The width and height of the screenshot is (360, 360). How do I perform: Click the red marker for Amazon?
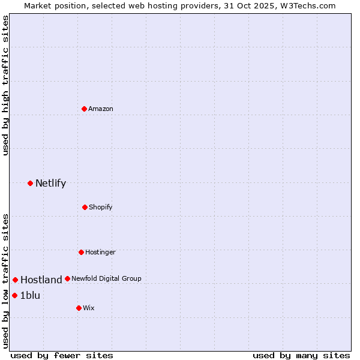pyautogui.click(x=85, y=109)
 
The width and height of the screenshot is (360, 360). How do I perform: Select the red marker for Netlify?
pyautogui.click(x=31, y=183)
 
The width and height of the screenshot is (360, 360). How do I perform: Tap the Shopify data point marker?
pyautogui.click(x=85, y=207)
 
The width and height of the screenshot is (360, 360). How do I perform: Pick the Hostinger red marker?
pyautogui.click(x=81, y=252)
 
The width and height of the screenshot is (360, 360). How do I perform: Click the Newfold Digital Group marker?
pyautogui.click(x=67, y=278)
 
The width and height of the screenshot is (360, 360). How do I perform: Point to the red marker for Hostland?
pyautogui.click(x=16, y=280)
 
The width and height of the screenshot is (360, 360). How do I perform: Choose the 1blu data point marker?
pyautogui.click(x=15, y=295)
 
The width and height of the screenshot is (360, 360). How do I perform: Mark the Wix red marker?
pyautogui.click(x=79, y=308)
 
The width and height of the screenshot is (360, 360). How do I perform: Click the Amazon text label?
pyautogui.click(x=101, y=109)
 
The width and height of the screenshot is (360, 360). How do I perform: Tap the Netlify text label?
pyautogui.click(x=50, y=183)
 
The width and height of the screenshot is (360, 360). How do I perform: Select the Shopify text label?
pyautogui.click(x=101, y=207)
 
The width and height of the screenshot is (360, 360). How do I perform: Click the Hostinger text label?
pyautogui.click(x=100, y=252)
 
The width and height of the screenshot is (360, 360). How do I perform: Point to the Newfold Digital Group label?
pyautogui.click(x=107, y=278)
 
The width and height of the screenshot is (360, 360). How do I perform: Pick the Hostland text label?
pyautogui.click(x=41, y=280)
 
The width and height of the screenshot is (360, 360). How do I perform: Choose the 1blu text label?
pyautogui.click(x=30, y=295)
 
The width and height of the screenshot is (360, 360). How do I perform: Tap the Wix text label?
pyautogui.click(x=89, y=308)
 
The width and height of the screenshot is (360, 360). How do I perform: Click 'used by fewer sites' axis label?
pyautogui.click(x=62, y=355)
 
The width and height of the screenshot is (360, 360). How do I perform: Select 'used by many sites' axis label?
pyautogui.click(x=301, y=355)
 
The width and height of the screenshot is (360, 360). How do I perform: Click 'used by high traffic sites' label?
pyautogui.click(x=5, y=85)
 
